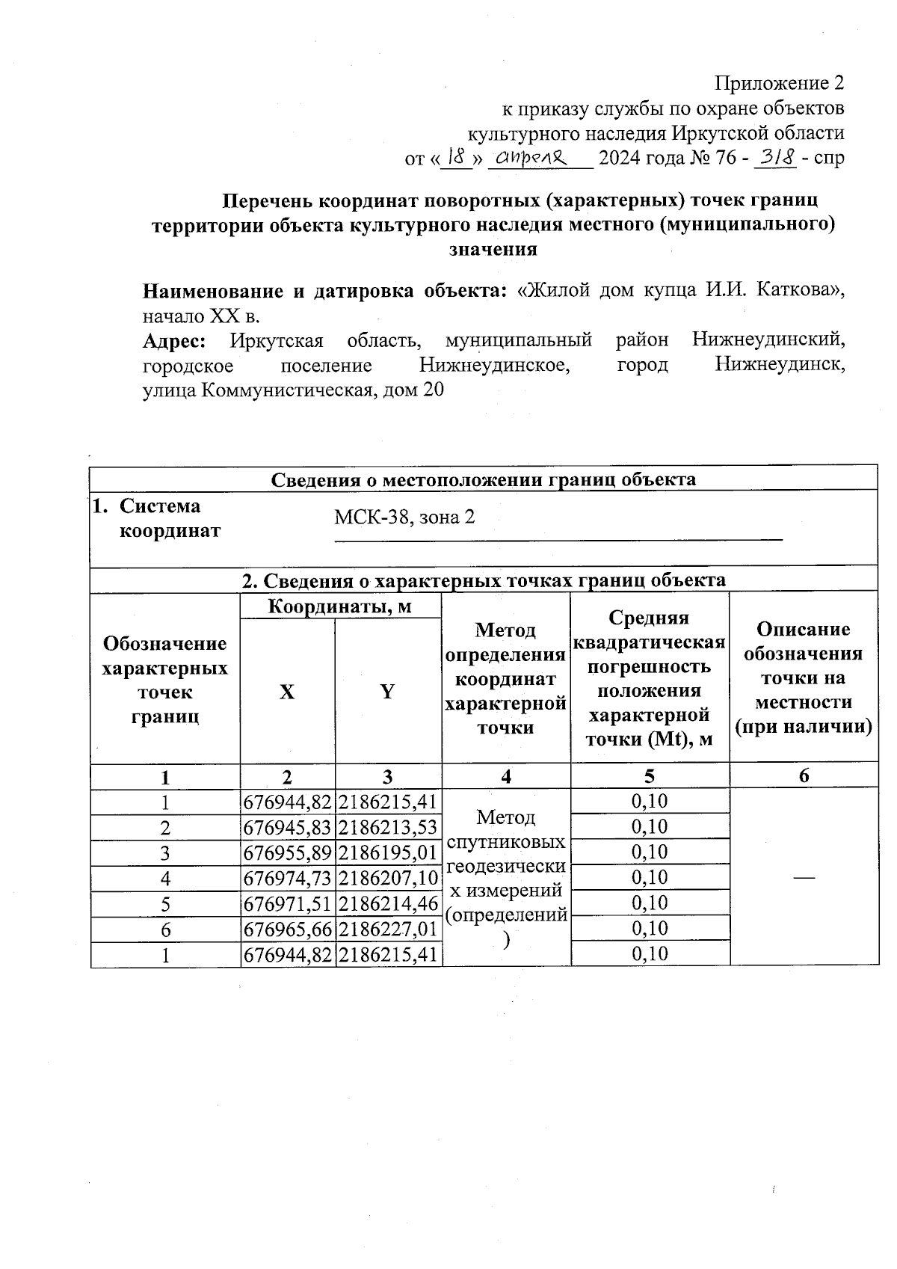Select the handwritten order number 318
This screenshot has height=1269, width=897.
tap(775, 158)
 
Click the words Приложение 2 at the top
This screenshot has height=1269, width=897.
tap(780, 83)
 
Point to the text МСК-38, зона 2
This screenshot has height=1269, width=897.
tap(404, 517)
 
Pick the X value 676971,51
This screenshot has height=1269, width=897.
tap(288, 903)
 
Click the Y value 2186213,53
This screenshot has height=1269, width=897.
tap(387, 827)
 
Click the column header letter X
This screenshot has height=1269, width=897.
tap(287, 692)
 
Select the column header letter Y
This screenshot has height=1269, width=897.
tap(387, 692)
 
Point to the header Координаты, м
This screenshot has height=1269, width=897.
tap(340, 606)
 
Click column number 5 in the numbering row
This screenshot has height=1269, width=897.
tap(650, 776)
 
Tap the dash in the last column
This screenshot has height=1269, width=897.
tap(804, 878)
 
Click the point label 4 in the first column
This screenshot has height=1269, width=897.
tap(165, 878)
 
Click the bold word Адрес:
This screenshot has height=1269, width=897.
tap(174, 341)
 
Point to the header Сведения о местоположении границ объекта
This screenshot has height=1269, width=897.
tap(483, 479)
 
